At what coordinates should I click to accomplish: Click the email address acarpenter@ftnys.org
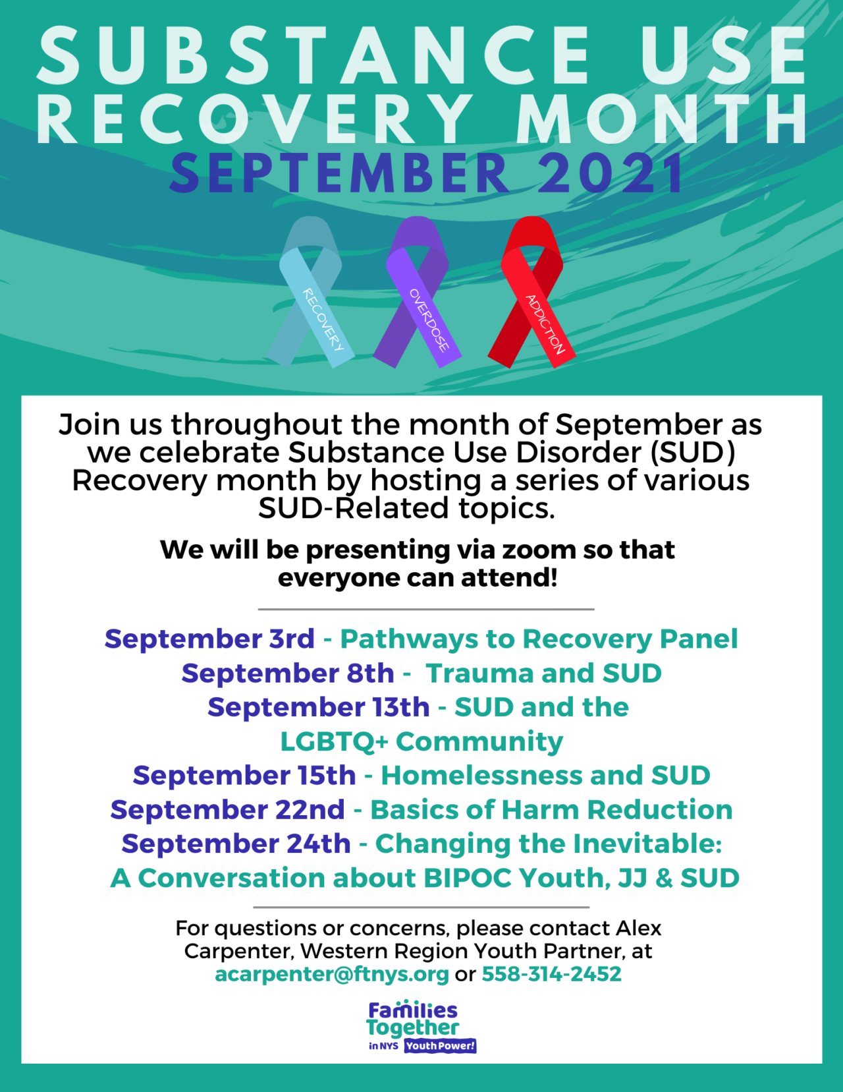tap(332, 974)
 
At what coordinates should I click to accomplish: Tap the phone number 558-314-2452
tap(551, 974)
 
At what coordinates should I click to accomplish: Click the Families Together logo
tap(413, 1020)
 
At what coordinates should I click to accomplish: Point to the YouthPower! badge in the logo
tap(440, 1046)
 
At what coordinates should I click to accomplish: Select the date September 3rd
tap(209, 639)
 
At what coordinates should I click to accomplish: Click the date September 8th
tap(288, 674)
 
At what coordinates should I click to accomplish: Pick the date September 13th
tap(319, 708)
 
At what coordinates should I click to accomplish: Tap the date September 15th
tap(244, 776)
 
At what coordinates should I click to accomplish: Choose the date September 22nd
tap(228, 810)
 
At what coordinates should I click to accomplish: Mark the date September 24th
tap(236, 844)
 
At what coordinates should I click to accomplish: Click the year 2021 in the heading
tap(611, 174)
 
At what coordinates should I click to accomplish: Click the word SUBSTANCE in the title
tap(315, 57)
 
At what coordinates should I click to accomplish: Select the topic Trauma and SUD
tap(543, 674)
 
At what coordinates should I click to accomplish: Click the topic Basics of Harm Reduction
tap(551, 810)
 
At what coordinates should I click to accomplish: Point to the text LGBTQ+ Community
tap(421, 742)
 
